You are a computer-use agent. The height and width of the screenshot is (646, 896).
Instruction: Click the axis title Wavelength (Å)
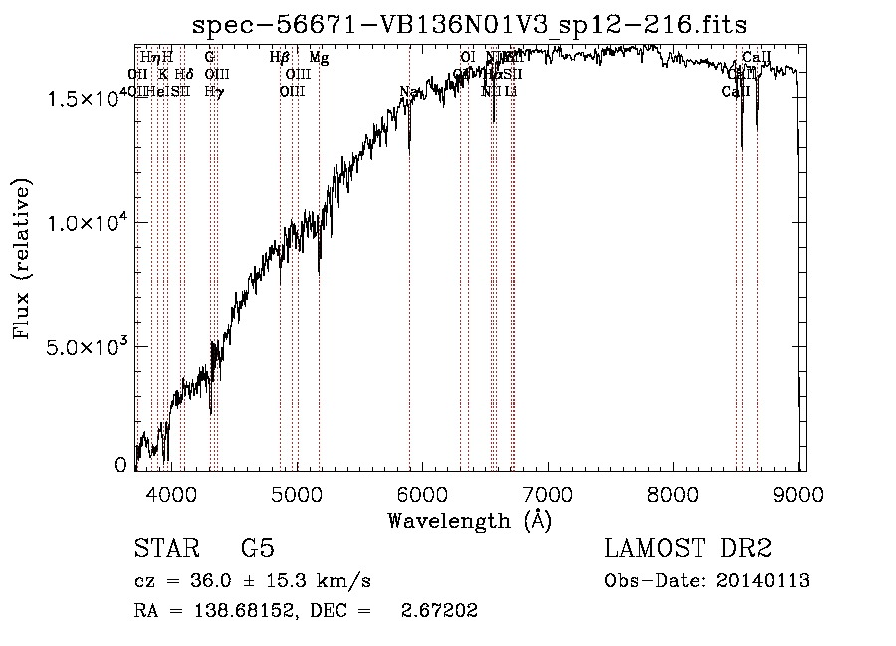(469, 520)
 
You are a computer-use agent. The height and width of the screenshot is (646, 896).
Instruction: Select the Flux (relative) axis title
(22, 258)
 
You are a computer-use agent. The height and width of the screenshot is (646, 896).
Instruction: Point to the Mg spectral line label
(319, 58)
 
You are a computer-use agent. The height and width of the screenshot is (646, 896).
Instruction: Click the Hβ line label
(279, 58)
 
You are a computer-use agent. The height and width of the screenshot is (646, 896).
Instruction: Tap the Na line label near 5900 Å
(408, 92)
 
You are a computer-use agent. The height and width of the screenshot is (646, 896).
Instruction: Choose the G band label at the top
(210, 58)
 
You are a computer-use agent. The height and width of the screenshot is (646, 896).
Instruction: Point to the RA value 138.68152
(236, 611)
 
